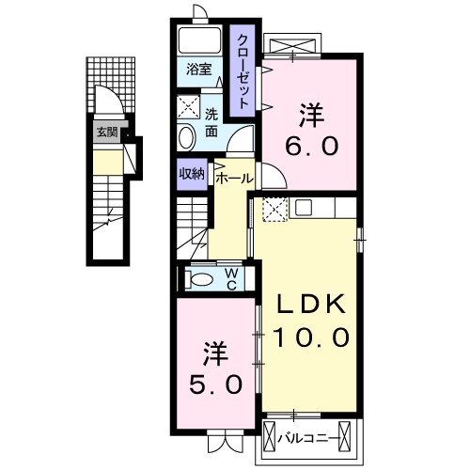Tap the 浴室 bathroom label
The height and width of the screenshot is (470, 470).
coord(197,70)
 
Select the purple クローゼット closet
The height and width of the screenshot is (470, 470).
coord(243,71)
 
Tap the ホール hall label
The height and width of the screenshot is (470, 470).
coord(234,177)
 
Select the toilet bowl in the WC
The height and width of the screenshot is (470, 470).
coord(199,279)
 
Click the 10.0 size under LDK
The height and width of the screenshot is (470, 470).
coord(312,335)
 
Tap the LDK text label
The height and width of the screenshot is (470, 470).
coord(312,304)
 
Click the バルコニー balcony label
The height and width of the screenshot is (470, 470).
coord(312,436)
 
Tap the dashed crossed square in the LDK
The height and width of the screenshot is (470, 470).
coord(274,210)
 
